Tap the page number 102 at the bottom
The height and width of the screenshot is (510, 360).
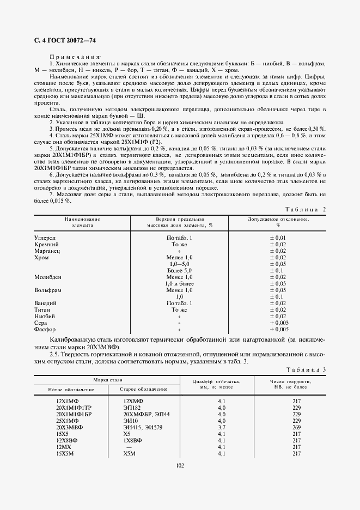tap(180, 465)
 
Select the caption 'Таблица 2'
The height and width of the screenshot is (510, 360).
tap(306, 209)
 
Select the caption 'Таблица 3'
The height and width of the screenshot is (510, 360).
tap(306, 370)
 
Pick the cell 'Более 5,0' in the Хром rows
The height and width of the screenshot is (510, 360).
tap(179, 270)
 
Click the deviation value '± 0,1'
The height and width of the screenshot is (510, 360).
tap(278, 270)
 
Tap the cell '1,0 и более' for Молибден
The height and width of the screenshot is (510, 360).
tap(179, 283)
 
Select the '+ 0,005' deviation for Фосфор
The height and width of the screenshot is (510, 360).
tap(278, 329)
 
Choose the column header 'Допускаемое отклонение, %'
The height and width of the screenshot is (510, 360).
tap(278, 222)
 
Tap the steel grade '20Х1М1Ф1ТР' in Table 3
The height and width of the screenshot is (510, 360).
tap(74, 408)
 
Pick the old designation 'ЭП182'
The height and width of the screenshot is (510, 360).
tap(133, 408)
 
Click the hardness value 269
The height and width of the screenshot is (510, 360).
tap(297, 427)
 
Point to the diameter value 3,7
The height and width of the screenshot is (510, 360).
tap(222, 427)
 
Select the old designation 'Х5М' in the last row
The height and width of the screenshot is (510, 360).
tap(130, 453)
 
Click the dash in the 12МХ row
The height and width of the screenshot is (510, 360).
tap(127, 447)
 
